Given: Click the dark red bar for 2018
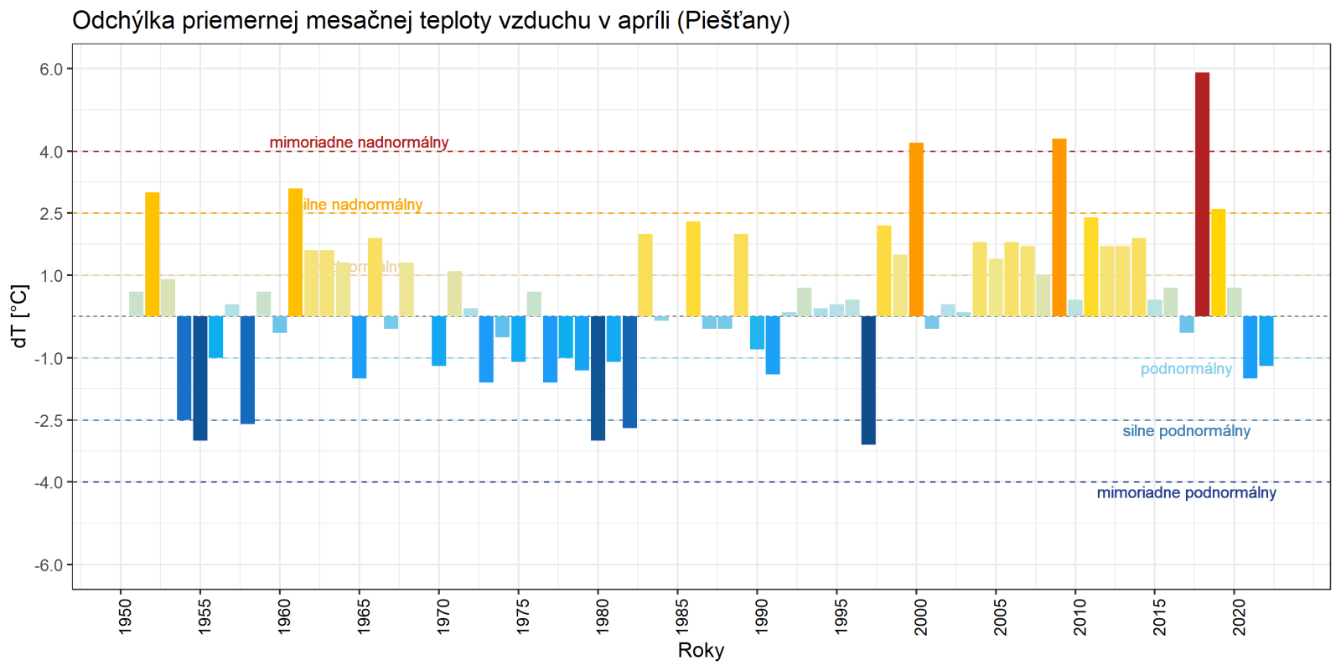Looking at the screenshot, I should (x=1202, y=195).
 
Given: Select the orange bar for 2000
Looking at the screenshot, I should (x=916, y=230).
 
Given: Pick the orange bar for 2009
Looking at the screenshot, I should (x=1059, y=227).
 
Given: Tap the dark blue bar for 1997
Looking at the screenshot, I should (x=868, y=380).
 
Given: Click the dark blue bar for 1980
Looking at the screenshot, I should (x=598, y=378).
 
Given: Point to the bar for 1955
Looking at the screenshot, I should (x=200, y=378).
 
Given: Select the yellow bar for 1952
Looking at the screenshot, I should (x=153, y=254).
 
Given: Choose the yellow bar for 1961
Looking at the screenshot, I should (x=296, y=252).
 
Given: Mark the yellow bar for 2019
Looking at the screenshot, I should (x=1218, y=263).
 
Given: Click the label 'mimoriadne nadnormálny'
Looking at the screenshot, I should (x=359, y=143).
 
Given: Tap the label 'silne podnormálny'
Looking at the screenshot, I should (x=1186, y=431).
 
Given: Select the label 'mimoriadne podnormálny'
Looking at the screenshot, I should (x=1186, y=493).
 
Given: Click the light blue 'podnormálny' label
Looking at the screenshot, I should (x=1186, y=369).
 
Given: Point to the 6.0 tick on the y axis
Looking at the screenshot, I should (x=51, y=70).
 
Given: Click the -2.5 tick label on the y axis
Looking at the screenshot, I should (x=49, y=420).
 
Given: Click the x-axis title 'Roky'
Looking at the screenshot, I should (x=701, y=651).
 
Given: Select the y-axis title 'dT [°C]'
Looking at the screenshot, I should (x=20, y=316).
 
